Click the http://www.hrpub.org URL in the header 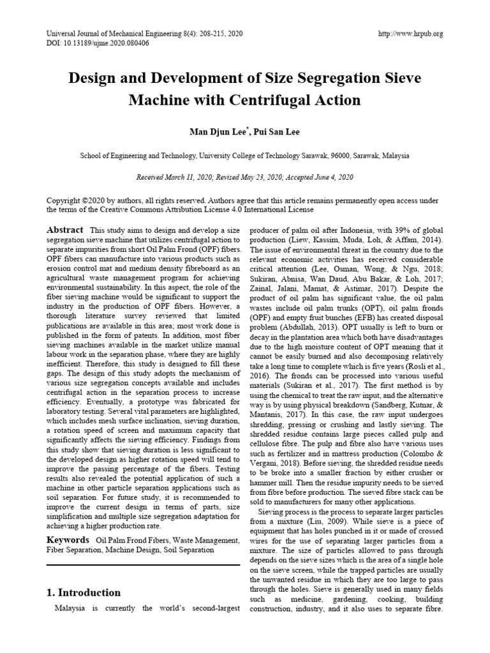click(410, 33)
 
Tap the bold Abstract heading click(65, 230)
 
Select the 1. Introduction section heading click(84, 592)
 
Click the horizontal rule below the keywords click(143, 564)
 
